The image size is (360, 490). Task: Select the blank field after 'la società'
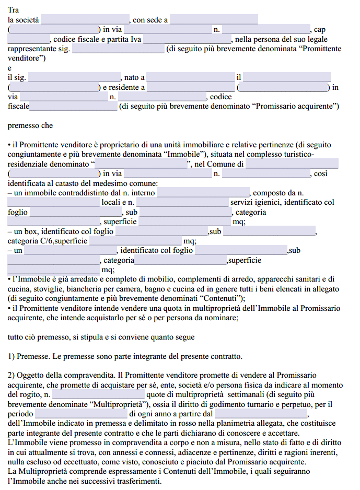pyautogui.click(x=85, y=20)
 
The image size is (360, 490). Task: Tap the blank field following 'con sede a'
pyautogui.click(x=214, y=20)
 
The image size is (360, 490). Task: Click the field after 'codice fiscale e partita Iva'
pyautogui.click(x=188, y=39)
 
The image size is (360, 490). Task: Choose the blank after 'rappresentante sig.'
pyautogui.click(x=118, y=49)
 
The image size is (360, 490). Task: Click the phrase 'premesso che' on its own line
pyautogui.click(x=30, y=126)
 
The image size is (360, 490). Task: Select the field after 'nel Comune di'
pyautogui.click(x=292, y=165)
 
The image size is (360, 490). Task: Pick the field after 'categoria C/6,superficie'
pyautogui.click(x=135, y=241)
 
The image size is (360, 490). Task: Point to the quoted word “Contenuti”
pyautogui.click(x=220, y=298)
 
